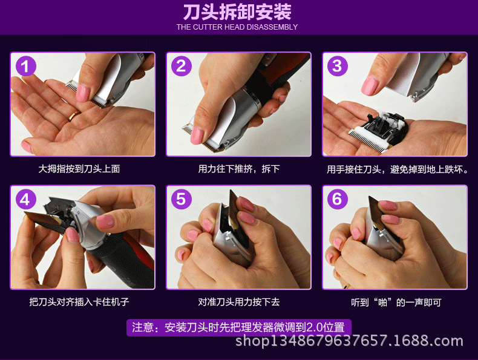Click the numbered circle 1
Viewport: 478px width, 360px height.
click(x=26, y=66)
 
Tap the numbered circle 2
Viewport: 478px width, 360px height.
click(x=182, y=66)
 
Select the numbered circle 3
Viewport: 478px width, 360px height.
click(x=338, y=66)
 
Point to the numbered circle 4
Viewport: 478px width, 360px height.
click(x=26, y=200)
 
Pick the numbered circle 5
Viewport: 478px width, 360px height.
click(x=182, y=200)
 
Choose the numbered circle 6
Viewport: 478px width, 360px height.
click(x=338, y=200)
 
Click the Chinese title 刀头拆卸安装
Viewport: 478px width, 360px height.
click(x=237, y=12)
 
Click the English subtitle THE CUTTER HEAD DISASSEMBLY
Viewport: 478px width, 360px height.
click(x=237, y=27)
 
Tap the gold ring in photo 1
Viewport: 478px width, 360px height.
click(x=74, y=116)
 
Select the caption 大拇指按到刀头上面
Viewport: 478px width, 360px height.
click(x=79, y=169)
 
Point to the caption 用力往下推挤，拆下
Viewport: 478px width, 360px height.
click(x=238, y=169)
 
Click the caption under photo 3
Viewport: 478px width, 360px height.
click(x=398, y=169)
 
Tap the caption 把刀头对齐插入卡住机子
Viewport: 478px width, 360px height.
click(x=79, y=302)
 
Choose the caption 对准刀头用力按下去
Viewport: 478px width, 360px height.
click(x=238, y=302)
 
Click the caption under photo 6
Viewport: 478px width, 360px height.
click(x=396, y=303)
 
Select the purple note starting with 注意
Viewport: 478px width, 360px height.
click(x=238, y=328)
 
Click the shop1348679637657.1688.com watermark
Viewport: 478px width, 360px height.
click(x=349, y=341)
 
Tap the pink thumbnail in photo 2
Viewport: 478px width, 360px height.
click(x=197, y=136)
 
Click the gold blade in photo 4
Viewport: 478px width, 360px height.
click(x=44, y=219)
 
